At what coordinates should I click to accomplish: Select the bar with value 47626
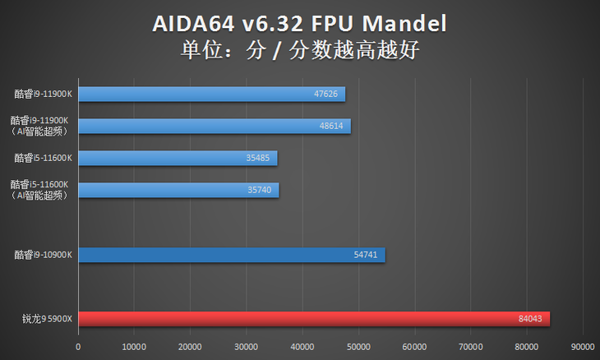210,95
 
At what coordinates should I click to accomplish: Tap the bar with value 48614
214,126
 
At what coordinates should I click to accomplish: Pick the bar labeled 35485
177,158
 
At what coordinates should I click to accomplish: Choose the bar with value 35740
178,190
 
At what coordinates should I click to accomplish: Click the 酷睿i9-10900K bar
230,255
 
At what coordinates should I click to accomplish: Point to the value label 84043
530,319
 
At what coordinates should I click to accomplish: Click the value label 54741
366,255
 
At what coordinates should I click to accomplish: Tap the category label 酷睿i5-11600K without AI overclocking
44,158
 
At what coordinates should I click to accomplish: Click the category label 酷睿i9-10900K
44,255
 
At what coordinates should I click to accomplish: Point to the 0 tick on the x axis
78,347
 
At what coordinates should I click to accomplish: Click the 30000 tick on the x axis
247,347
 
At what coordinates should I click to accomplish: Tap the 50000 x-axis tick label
359,347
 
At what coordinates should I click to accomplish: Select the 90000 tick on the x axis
583,347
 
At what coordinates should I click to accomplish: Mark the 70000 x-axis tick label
471,347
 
